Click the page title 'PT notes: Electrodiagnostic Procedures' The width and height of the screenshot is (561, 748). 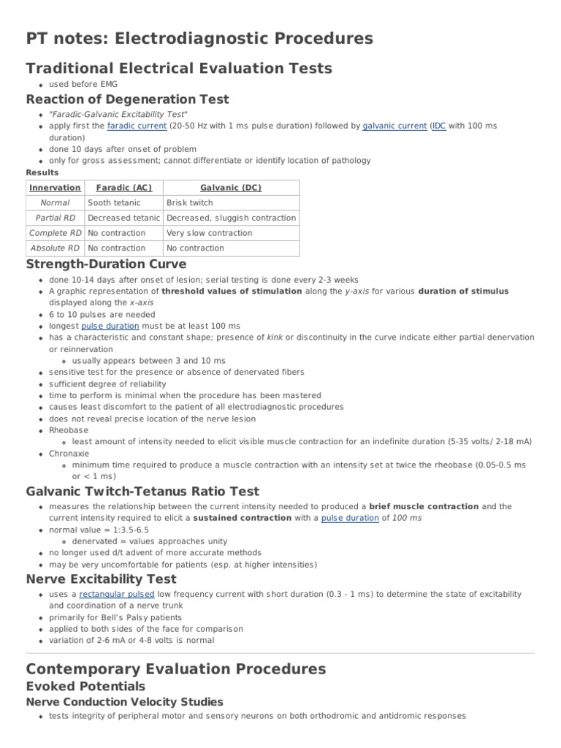point(199,38)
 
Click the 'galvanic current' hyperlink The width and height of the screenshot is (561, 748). point(394,126)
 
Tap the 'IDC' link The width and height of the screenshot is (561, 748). point(438,126)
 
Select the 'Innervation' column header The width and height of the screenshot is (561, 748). point(55,188)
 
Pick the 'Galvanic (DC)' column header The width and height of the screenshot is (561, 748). point(231,188)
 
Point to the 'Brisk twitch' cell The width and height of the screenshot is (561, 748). point(190,203)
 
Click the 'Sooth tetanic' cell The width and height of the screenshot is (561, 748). point(114,203)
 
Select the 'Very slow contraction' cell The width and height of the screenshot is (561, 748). point(209,233)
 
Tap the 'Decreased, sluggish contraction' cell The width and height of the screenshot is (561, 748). point(231,218)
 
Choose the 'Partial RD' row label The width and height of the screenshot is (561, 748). point(55,218)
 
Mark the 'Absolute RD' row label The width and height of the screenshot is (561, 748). point(55,248)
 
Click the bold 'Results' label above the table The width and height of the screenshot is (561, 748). point(42,172)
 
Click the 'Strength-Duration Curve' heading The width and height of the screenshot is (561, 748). point(106,264)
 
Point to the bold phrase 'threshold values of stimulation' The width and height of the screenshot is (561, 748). point(232,291)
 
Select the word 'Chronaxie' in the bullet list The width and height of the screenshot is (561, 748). point(70,453)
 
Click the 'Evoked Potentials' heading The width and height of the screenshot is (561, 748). point(85,686)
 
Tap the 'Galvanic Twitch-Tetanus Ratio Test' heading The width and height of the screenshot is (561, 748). point(142,491)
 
